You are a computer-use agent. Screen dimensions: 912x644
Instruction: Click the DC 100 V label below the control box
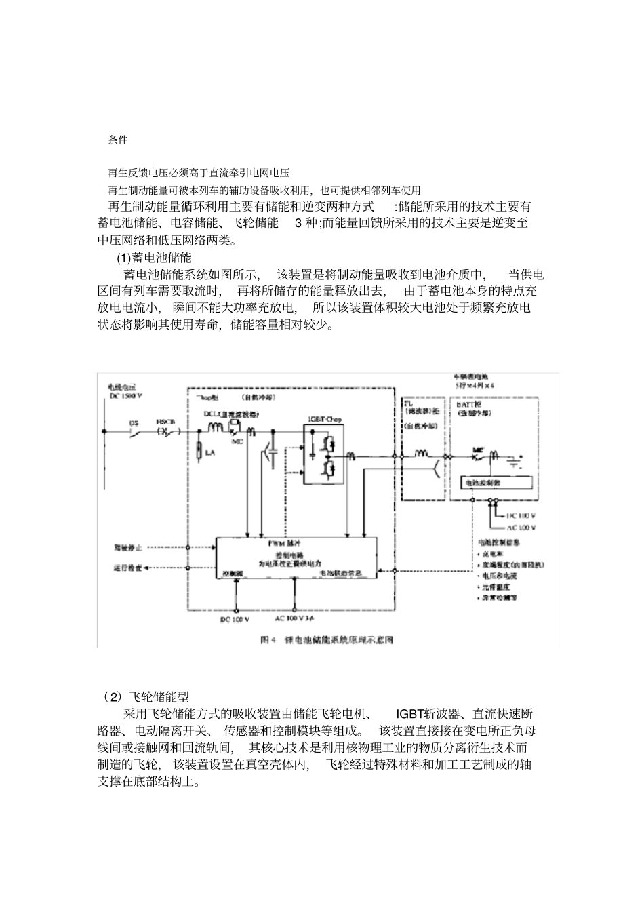[x=235, y=619]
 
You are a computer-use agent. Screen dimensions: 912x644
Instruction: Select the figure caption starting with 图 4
[x=327, y=639]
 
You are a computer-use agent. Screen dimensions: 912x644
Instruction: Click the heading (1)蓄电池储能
[x=154, y=258]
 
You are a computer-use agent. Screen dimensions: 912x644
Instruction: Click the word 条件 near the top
[x=117, y=140]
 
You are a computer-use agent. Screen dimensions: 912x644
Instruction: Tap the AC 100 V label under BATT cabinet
[x=522, y=527]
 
